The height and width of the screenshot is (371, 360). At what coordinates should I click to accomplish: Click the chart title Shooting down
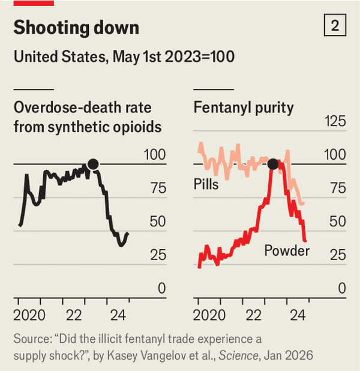point(76,28)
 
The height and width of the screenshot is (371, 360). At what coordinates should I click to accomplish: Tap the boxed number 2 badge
point(335,26)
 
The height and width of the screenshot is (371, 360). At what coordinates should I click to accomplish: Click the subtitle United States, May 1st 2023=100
point(124,57)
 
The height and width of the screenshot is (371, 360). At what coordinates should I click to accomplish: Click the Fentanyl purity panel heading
point(244,107)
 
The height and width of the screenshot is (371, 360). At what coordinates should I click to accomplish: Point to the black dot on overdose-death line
point(93,164)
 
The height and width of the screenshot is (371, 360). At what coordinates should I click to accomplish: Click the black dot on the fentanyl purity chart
point(273,164)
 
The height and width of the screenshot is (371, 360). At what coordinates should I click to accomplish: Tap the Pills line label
point(206,184)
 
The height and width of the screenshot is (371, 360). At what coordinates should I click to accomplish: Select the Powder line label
point(287,250)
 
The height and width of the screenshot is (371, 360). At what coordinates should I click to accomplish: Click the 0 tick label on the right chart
point(341,289)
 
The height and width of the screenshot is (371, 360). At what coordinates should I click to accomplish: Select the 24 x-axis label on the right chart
point(298,314)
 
